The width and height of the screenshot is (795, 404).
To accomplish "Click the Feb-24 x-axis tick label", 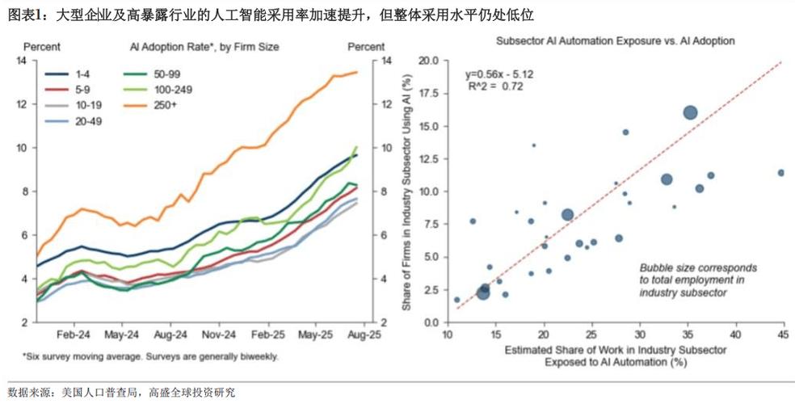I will point(73,333).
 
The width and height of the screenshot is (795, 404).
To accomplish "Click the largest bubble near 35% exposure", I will point(690,113).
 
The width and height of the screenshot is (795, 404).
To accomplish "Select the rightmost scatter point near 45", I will point(780,173).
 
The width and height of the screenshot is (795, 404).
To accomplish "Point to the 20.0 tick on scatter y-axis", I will point(427,61).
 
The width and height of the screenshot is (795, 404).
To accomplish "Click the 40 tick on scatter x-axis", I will point(734,334).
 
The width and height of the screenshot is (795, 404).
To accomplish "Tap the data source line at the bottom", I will point(121,392).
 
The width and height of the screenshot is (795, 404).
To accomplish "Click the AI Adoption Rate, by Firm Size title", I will point(204,47).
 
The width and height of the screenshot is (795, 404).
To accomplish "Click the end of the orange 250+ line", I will point(357,73).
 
